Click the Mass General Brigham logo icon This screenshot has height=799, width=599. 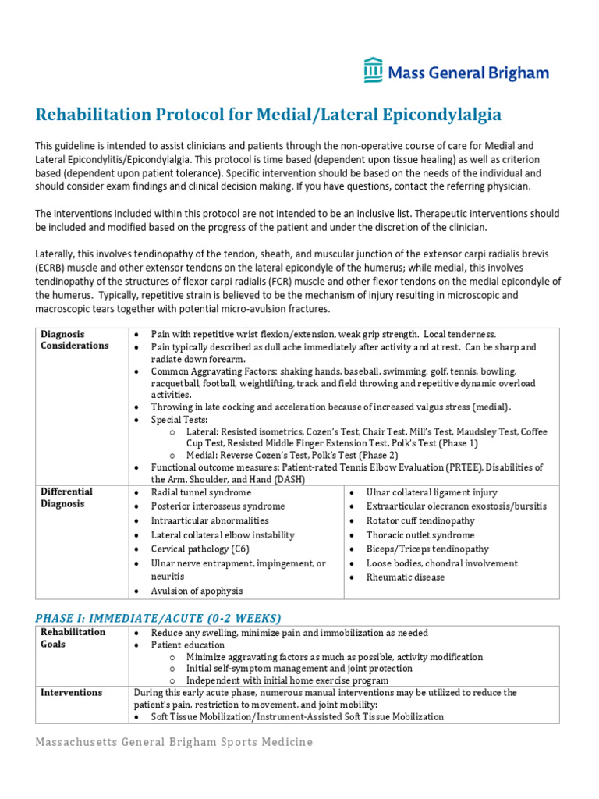tap(374, 70)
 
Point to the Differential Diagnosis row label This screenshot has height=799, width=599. tap(67, 497)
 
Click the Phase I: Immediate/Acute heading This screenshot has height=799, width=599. tap(158, 617)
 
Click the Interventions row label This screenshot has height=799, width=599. tap(72, 692)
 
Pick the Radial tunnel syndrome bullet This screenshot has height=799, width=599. tap(201, 492)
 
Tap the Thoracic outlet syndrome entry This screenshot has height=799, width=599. tap(420, 535)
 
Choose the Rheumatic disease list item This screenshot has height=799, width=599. tap(406, 577)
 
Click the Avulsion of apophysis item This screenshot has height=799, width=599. tap(197, 591)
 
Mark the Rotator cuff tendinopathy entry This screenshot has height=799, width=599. tap(426, 520)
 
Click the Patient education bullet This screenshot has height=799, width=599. tap(188, 645)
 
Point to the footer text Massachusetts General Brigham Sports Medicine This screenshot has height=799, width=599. tap(174, 742)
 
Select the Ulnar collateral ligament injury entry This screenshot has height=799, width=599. tap(432, 492)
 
